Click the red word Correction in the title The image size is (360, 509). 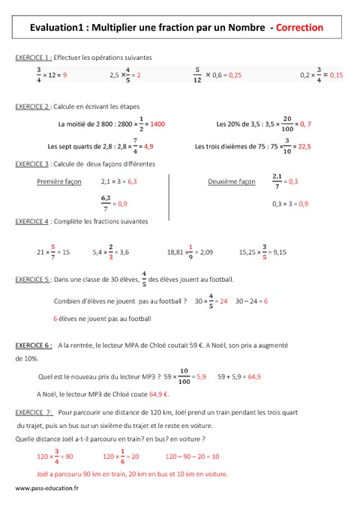pyautogui.click(x=299, y=27)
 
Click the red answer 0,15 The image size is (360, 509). pyautogui.click(x=335, y=75)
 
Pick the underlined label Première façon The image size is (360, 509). pyautogui.click(x=57, y=181)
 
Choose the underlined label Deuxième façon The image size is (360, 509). pyautogui.click(x=231, y=181)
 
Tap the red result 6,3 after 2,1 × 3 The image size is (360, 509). pyautogui.click(x=132, y=181)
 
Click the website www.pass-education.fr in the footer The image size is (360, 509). pyautogui.click(x=46, y=489)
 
